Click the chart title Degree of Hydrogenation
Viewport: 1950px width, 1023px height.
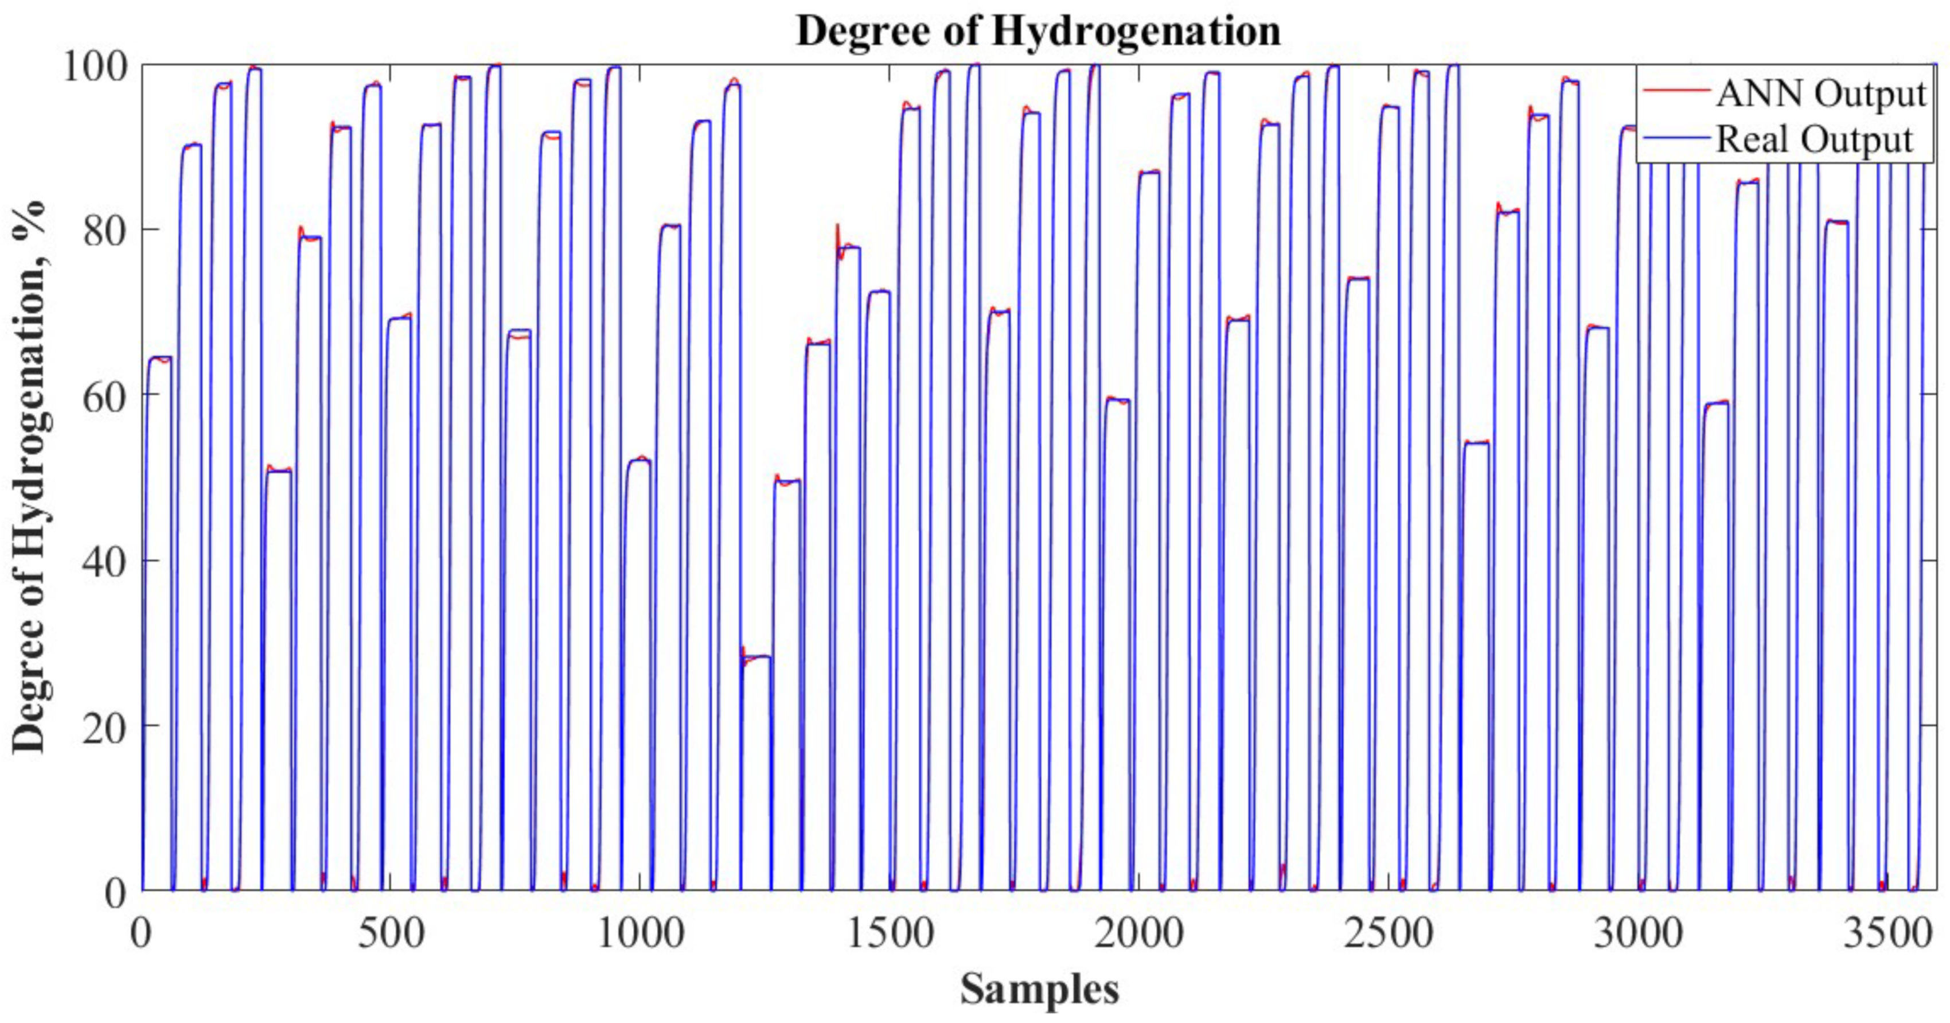[x=1038, y=32]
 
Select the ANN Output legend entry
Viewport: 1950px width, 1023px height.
[x=1820, y=94]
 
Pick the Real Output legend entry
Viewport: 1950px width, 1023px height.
[x=1813, y=139]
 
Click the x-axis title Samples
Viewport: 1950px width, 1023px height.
[x=1039, y=989]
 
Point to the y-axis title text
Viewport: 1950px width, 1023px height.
[x=30, y=477]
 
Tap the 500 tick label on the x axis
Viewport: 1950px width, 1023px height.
[x=391, y=933]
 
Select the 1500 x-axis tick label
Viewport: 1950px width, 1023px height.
[x=890, y=933]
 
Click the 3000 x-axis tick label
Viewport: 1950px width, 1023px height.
[x=1638, y=933]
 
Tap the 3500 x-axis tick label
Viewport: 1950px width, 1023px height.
[x=1887, y=933]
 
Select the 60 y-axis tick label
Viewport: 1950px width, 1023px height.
[x=104, y=395]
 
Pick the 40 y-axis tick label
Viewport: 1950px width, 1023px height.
[x=104, y=561]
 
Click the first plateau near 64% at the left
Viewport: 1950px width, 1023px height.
[x=159, y=357]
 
